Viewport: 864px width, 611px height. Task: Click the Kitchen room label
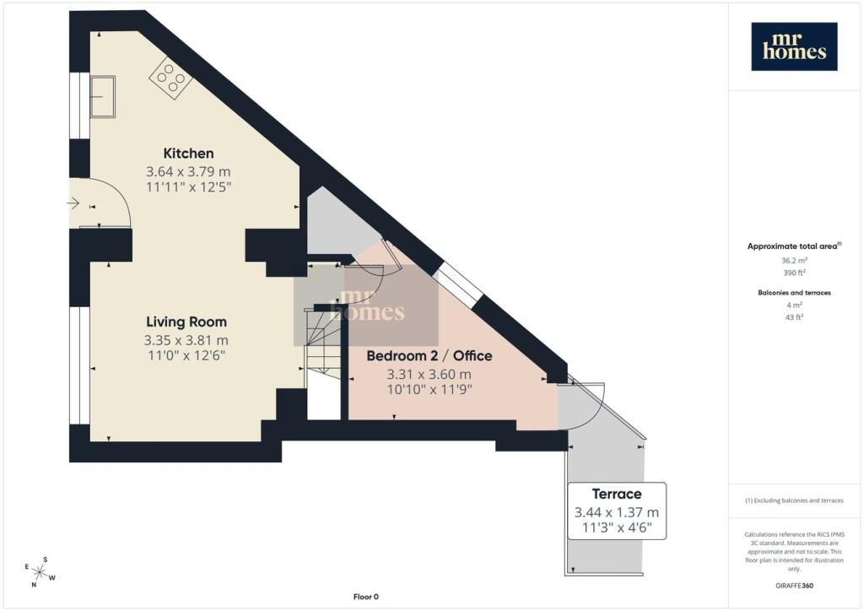[x=188, y=153]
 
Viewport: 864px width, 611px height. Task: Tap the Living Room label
[x=186, y=322]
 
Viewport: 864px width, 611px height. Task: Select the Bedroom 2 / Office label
[x=429, y=356]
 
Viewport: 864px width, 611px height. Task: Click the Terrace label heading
[x=617, y=494]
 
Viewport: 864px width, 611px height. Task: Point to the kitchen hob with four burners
[x=170, y=78]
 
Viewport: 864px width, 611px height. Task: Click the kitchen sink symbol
[x=102, y=96]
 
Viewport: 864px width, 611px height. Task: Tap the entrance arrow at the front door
[x=73, y=204]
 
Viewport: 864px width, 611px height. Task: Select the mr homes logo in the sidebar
[x=794, y=46]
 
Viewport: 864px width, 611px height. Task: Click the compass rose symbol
[x=40, y=572]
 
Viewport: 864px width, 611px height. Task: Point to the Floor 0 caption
[x=366, y=597]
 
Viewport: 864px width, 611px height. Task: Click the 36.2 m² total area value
[x=794, y=261]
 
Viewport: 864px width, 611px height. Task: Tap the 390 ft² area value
[x=794, y=273]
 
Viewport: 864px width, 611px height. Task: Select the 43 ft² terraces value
[x=794, y=317]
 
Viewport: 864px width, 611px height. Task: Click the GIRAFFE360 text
[x=794, y=586]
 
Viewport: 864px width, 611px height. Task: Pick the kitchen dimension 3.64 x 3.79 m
[x=188, y=171]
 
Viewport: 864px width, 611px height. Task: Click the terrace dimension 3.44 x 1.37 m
[x=617, y=512]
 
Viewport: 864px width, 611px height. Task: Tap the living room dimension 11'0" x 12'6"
[x=186, y=355]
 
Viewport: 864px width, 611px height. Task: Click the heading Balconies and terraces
[x=794, y=293]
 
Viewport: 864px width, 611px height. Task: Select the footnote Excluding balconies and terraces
[x=794, y=500]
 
